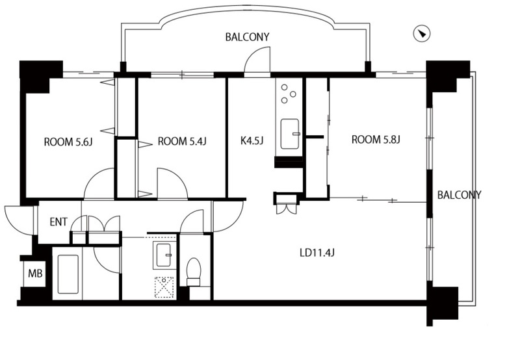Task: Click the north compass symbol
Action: click(x=421, y=34)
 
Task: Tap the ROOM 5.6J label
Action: click(x=68, y=142)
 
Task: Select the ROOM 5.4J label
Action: click(x=182, y=142)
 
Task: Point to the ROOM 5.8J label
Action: click(x=376, y=140)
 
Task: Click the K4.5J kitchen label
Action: click(x=252, y=141)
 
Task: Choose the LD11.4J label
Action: click(x=317, y=253)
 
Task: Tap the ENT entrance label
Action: click(x=58, y=222)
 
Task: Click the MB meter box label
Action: click(x=35, y=274)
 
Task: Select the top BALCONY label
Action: click(x=248, y=37)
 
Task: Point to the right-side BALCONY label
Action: click(x=459, y=195)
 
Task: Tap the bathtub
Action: click(x=68, y=274)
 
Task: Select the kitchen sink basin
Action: click(x=290, y=134)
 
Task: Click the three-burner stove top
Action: click(x=288, y=94)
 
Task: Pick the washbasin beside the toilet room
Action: click(x=164, y=255)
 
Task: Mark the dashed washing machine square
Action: click(x=164, y=287)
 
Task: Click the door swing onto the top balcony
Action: click(x=257, y=60)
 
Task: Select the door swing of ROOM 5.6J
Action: click(x=99, y=184)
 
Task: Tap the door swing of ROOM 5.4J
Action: click(x=172, y=184)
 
